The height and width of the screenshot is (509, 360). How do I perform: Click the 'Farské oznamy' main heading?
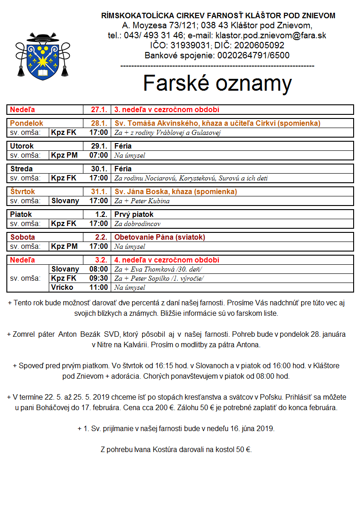click(x=217, y=83)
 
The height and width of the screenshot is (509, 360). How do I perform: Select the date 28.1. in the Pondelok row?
click(x=99, y=123)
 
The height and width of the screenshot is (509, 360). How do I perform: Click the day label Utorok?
click(x=22, y=146)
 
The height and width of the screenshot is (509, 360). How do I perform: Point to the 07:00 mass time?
click(x=98, y=155)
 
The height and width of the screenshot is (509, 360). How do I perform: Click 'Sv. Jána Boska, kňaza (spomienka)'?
click(x=175, y=192)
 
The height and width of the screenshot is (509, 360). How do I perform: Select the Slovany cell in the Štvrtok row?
click(x=65, y=201)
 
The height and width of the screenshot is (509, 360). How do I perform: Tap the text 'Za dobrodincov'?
click(x=137, y=224)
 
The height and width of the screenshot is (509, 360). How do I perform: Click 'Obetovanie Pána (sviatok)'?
click(x=159, y=237)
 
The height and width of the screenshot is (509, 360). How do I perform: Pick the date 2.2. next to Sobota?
click(x=100, y=237)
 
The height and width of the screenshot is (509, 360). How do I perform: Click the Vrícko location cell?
click(x=62, y=288)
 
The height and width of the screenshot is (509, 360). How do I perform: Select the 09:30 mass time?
click(x=98, y=278)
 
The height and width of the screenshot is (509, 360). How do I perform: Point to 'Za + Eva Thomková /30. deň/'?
click(x=158, y=269)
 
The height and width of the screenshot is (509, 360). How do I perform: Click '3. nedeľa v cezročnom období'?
click(x=167, y=110)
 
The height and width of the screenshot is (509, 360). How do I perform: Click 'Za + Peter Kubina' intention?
click(x=142, y=201)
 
